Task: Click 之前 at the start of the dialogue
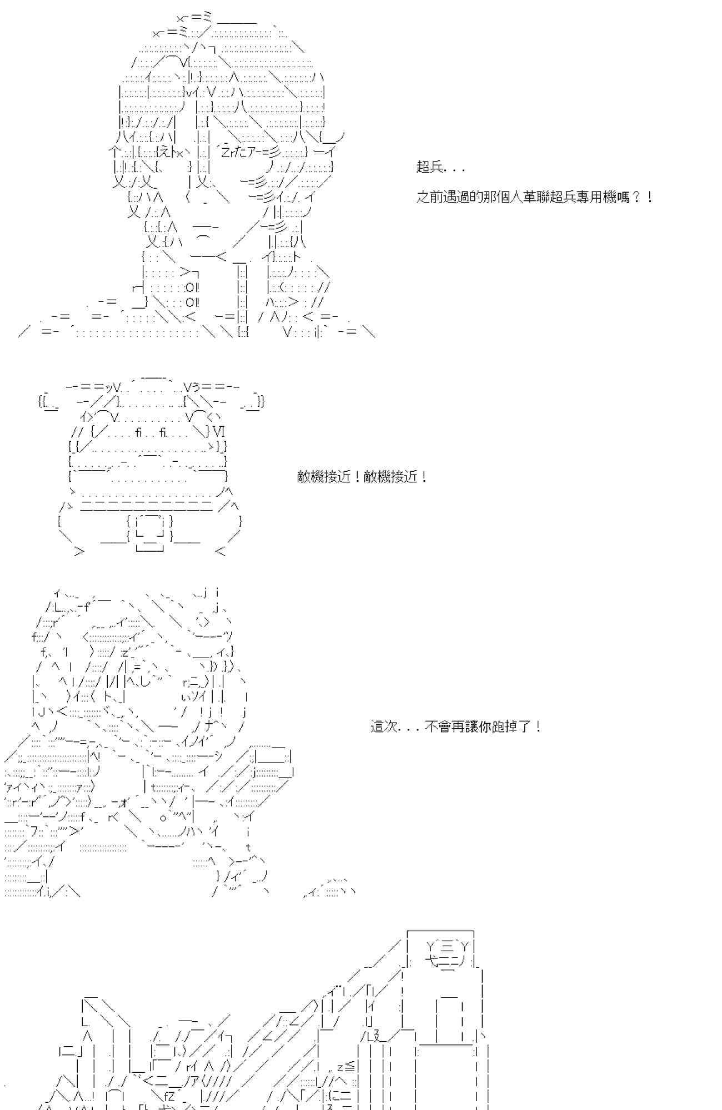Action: coord(429,196)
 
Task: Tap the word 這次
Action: coord(384,726)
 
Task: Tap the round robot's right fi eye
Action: coord(163,431)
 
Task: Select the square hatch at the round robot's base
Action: coord(149,532)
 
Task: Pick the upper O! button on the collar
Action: coord(192,287)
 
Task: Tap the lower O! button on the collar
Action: coord(192,302)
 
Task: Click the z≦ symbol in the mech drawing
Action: coord(345,1066)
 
